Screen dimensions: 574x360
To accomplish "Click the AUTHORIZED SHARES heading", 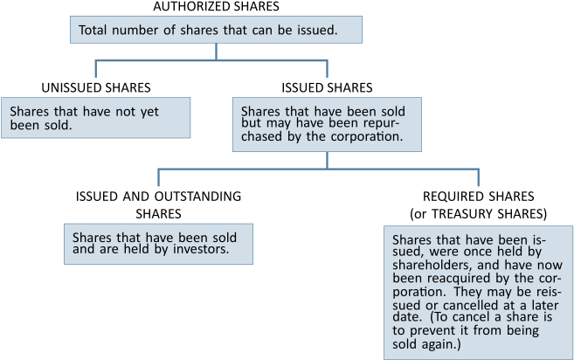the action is tap(216, 6).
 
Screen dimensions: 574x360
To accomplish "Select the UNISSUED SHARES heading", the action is tap(96, 88).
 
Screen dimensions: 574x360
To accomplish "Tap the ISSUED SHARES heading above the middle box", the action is tap(327, 88).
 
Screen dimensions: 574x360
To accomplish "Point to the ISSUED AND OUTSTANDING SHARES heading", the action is tap(158, 204).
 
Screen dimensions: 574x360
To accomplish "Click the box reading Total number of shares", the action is tap(216, 30).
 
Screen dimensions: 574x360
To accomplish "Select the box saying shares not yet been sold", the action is tap(95, 118).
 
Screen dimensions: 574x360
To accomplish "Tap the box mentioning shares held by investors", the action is tap(158, 244).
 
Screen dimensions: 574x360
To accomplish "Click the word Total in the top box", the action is tap(93, 30).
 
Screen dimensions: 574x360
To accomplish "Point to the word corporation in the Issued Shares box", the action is tap(367, 136).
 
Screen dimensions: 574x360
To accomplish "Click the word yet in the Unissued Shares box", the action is tap(149, 112).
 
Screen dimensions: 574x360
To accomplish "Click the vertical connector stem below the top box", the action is tap(216, 52).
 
